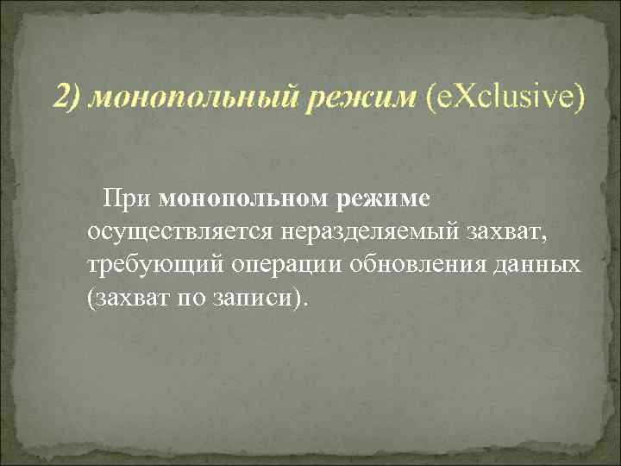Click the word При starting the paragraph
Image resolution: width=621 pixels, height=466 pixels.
(x=129, y=199)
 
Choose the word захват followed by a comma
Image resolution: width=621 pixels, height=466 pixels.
(x=513, y=231)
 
